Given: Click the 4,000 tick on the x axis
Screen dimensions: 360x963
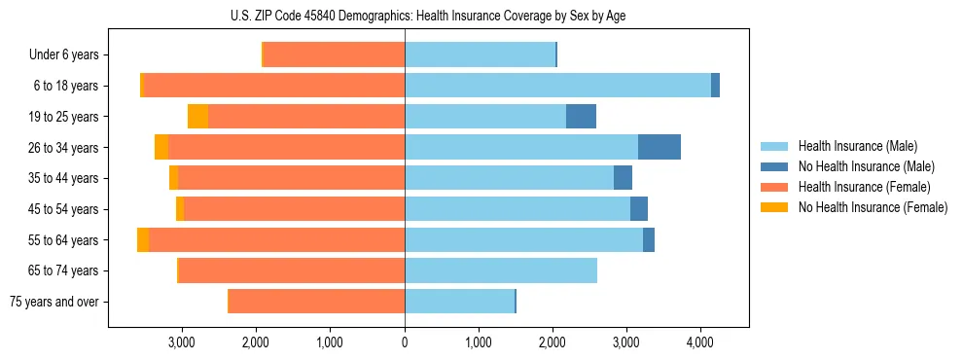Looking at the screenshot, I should pyautogui.click(x=700, y=342).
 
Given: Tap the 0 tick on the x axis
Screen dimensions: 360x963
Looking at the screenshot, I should pyautogui.click(x=405, y=342).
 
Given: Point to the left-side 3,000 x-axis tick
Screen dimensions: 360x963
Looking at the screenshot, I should pyautogui.click(x=182, y=342).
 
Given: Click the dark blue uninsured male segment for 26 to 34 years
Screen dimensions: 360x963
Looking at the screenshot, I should pyautogui.click(x=660, y=147).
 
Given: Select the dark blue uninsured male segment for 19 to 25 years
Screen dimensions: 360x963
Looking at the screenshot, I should pyautogui.click(x=581, y=117).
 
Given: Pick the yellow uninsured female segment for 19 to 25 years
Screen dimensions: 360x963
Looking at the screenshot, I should pyautogui.click(x=197, y=117).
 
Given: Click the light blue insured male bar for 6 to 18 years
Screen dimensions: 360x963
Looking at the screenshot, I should pyautogui.click(x=557, y=86).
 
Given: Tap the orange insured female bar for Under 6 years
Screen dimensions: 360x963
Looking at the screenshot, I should pyautogui.click(x=334, y=55).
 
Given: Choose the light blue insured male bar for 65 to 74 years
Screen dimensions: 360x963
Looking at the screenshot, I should pyautogui.click(x=501, y=270).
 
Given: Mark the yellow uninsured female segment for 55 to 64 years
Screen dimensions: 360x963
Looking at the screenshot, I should pyautogui.click(x=143, y=240).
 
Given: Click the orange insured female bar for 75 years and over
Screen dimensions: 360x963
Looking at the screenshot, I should pyautogui.click(x=316, y=302).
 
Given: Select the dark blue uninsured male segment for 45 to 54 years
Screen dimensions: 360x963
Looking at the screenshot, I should pyautogui.click(x=639, y=209).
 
